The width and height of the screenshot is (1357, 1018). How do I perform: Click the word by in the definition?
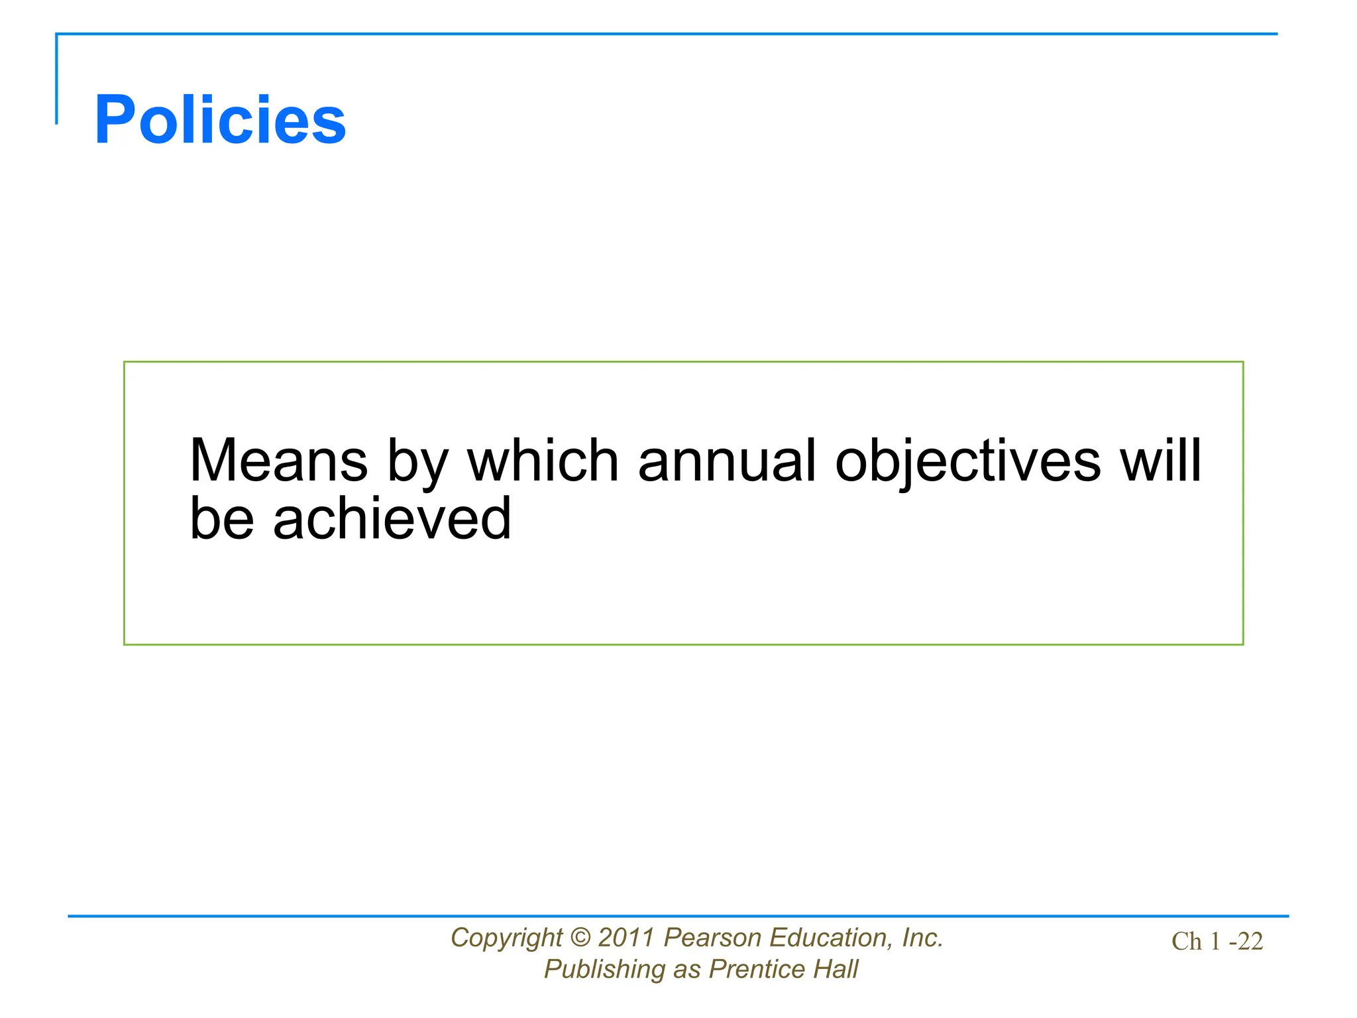[x=418, y=462]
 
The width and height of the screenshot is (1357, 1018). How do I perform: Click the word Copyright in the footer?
[x=506, y=938]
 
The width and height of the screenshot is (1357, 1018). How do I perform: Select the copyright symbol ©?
[x=580, y=938]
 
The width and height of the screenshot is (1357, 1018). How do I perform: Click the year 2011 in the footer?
[x=626, y=938]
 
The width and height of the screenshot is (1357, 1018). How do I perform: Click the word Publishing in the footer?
[x=604, y=970]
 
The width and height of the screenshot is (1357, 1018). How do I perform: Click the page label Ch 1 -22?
[x=1217, y=941]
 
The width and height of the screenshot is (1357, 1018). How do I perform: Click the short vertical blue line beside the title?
[x=56, y=79]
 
